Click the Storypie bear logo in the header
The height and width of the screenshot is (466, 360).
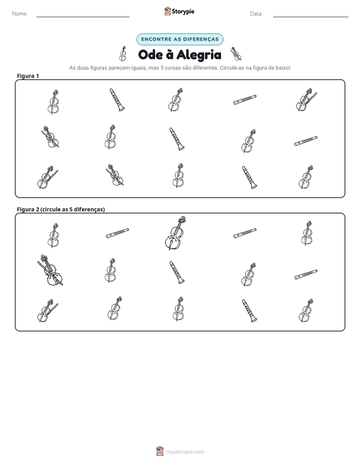(x=167, y=11)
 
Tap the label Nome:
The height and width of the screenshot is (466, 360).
(x=20, y=14)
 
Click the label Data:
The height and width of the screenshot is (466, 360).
(x=256, y=14)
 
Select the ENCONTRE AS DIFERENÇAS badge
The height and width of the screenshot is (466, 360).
(x=179, y=39)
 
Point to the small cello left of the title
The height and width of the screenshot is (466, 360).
(x=123, y=54)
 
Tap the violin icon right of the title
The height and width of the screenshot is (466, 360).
(x=236, y=53)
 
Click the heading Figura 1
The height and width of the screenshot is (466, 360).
(x=28, y=76)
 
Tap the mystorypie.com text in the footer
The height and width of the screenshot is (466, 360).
(x=185, y=452)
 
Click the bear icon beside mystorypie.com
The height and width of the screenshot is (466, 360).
(x=160, y=451)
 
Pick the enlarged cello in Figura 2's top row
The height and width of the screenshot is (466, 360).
(x=175, y=233)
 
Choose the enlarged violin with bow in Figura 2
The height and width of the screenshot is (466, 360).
(x=50, y=270)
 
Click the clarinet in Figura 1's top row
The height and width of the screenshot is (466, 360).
(x=117, y=99)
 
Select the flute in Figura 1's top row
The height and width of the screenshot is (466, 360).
(x=245, y=100)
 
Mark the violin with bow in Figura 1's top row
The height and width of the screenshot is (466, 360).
(x=306, y=99)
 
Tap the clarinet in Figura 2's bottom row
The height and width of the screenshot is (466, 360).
(x=249, y=310)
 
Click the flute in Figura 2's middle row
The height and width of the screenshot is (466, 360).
(x=306, y=274)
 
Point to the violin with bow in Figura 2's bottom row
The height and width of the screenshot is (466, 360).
(x=47, y=311)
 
